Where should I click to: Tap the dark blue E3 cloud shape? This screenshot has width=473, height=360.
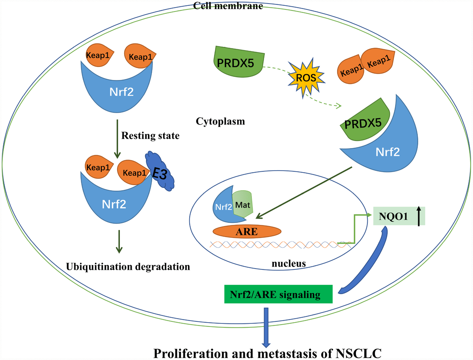(161, 172)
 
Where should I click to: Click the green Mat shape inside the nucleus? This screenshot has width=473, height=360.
(242, 205)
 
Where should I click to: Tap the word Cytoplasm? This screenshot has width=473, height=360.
(220, 121)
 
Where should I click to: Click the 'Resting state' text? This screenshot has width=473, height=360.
(150, 136)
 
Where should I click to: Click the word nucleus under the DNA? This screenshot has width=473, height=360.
(289, 264)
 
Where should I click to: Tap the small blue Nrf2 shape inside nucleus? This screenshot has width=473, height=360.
(222, 205)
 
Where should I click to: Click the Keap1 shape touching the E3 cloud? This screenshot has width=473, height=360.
(134, 171)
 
